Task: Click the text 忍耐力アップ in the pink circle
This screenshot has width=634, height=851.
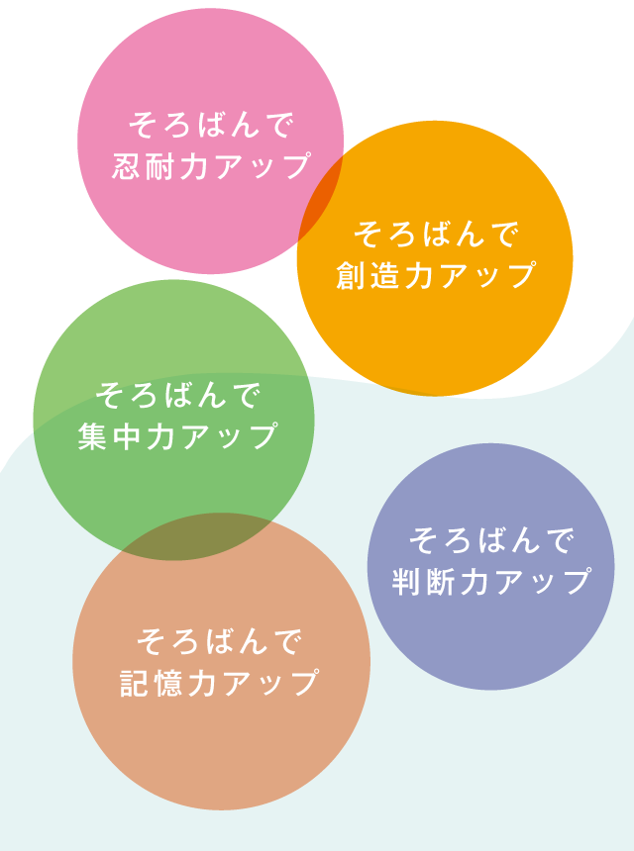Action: [x=211, y=166]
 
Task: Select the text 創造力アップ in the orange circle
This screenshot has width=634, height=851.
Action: [x=435, y=275]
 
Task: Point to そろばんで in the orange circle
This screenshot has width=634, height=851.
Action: [x=435, y=235]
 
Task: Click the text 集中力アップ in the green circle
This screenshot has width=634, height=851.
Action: [x=177, y=436]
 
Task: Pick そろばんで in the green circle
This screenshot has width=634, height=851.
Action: [x=177, y=396]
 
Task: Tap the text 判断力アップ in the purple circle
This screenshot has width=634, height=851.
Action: [x=491, y=582]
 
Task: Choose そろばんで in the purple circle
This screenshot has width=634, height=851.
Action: [x=491, y=541]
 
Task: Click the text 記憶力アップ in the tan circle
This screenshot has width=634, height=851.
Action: [x=219, y=683]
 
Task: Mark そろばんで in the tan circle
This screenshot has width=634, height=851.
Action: [x=219, y=642]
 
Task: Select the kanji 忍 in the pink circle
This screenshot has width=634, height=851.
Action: [x=128, y=166]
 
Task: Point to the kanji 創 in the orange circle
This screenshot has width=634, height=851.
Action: [x=351, y=275]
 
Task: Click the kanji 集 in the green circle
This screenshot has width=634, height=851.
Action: [x=94, y=436]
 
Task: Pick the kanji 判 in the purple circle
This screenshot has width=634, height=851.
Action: [x=407, y=582]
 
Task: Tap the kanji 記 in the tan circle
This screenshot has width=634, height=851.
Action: [x=136, y=683]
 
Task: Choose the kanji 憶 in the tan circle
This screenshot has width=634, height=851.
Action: [x=169, y=683]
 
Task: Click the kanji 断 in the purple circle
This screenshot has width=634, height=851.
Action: [x=441, y=582]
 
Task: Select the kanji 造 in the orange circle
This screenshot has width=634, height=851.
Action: [x=384, y=275]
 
